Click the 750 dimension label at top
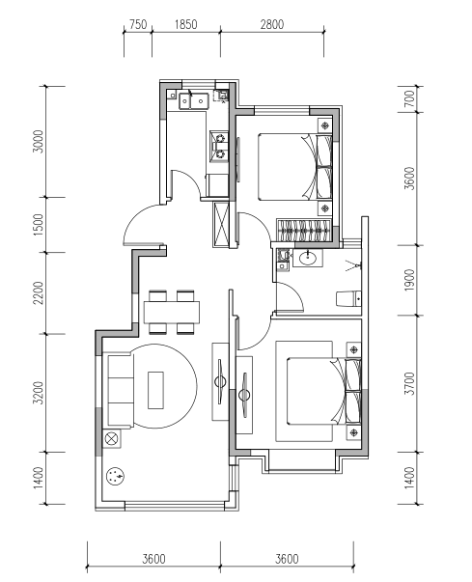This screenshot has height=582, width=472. click(138, 24)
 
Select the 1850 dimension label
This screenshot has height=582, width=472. click(185, 24)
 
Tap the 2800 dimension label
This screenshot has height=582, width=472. click(271, 24)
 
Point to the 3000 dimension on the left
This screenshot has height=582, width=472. click(39, 141)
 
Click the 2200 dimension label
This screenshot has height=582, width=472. click(39, 292)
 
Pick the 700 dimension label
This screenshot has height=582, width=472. click(409, 98)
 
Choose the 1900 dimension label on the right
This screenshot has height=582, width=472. click(409, 280)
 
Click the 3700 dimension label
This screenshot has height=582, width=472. click(409, 383)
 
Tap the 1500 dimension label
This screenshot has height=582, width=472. click(39, 224)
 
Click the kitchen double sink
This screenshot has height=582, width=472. click(193, 100)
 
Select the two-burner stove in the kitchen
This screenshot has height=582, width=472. click(219, 147)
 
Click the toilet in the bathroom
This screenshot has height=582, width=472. click(348, 299)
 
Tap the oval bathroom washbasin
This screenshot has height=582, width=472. click(308, 258)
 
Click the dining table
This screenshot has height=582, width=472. click(172, 312)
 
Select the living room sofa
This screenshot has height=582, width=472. click(121, 390)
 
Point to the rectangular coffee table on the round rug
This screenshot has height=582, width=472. click(155, 390)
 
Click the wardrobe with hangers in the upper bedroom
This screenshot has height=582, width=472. click(304, 230)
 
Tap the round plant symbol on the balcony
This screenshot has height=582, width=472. click(115, 476)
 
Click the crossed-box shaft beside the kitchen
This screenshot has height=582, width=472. click(222, 224)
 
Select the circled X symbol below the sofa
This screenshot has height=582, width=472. click(111, 439)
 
